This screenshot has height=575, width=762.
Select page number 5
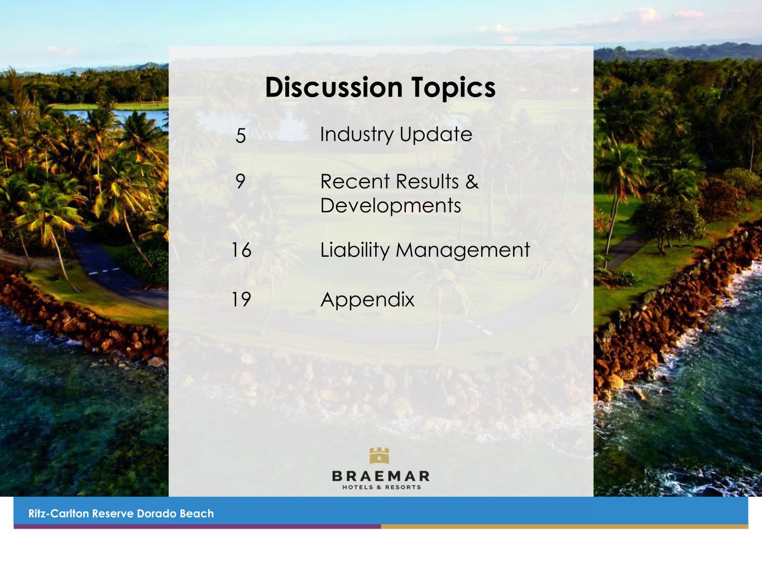[x=241, y=135]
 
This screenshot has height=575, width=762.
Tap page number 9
[x=240, y=181]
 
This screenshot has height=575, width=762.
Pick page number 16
[x=241, y=250]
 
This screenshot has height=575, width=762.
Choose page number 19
[x=241, y=299]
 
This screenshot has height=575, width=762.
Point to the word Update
[x=436, y=135]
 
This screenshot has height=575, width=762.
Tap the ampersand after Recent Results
[x=472, y=181]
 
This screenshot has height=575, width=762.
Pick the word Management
[x=463, y=251]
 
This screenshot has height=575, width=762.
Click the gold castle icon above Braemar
[x=379, y=456]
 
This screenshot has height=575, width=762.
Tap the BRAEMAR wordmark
[x=381, y=476]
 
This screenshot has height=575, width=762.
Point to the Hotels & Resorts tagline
[x=381, y=487]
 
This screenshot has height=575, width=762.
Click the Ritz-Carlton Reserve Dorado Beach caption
[x=121, y=514]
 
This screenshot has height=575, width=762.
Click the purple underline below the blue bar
[x=197, y=526]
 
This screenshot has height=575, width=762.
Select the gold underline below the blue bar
[x=564, y=526]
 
